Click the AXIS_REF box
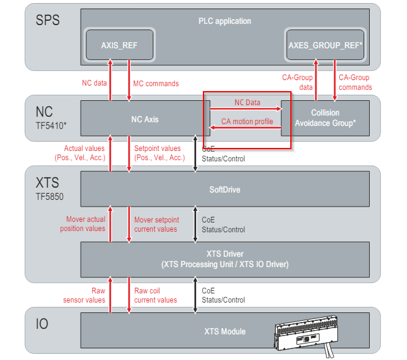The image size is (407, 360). coord(119,45)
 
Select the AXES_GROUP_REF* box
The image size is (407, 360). coord(325,45)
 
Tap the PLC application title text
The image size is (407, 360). coord(225,21)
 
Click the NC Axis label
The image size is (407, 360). coord(145,119)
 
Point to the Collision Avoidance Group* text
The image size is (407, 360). coord(325,118)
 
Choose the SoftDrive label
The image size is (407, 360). coord(225,189)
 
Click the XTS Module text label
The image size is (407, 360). coord(225,331)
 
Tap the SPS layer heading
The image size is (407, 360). coord(48,20)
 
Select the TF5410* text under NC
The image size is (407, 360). coord(51,126)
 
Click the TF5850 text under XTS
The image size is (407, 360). coord(50,197)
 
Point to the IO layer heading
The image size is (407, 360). coord(42,324)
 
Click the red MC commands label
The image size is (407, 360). coord(156,84)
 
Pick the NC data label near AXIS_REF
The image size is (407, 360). coord(95,83)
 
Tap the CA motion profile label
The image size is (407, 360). coord(247,122)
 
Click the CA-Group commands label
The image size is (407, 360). coord(355,83)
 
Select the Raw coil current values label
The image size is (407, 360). coord(155,295)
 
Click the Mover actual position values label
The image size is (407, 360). coord(82,224)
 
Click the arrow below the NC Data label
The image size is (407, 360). coord(246,109)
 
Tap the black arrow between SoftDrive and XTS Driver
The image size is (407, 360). coord(196,224)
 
